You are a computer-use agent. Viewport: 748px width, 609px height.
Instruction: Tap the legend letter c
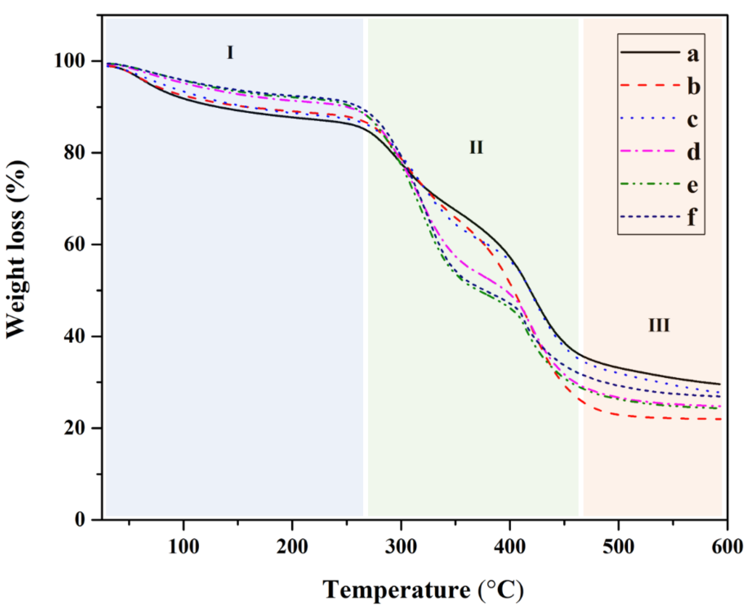tap(692, 120)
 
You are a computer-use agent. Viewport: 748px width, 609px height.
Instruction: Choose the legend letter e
tap(692, 185)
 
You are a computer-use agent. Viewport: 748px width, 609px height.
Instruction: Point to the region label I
tap(230, 53)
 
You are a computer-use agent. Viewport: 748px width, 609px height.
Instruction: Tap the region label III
tap(659, 325)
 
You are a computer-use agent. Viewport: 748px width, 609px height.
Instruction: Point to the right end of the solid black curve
tap(720, 384)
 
